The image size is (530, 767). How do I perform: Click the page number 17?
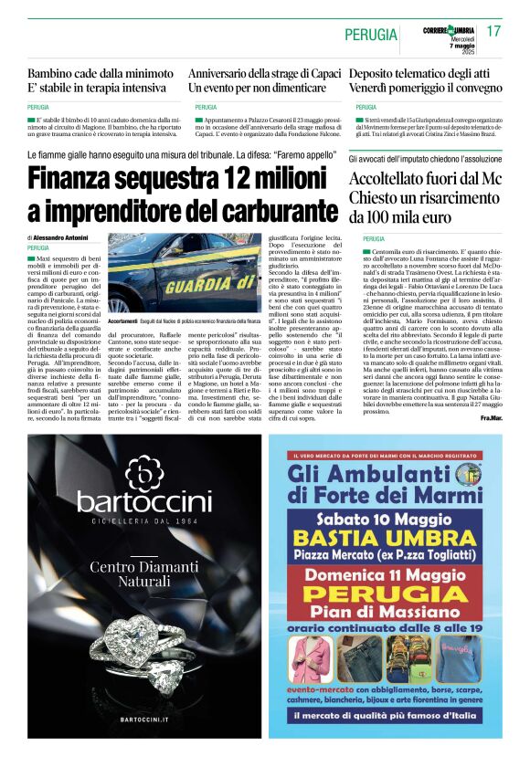[x=494, y=30]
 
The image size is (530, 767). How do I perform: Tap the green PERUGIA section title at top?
[x=371, y=34]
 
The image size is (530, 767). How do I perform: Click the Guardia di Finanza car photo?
[x=184, y=273]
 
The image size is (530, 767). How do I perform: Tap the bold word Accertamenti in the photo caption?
[x=122, y=322]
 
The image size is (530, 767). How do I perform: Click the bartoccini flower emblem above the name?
[x=143, y=471]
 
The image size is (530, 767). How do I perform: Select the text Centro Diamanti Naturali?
[x=143, y=573]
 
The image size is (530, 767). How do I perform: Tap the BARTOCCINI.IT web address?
[x=143, y=720]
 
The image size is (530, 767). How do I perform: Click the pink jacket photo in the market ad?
[x=310, y=659]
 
